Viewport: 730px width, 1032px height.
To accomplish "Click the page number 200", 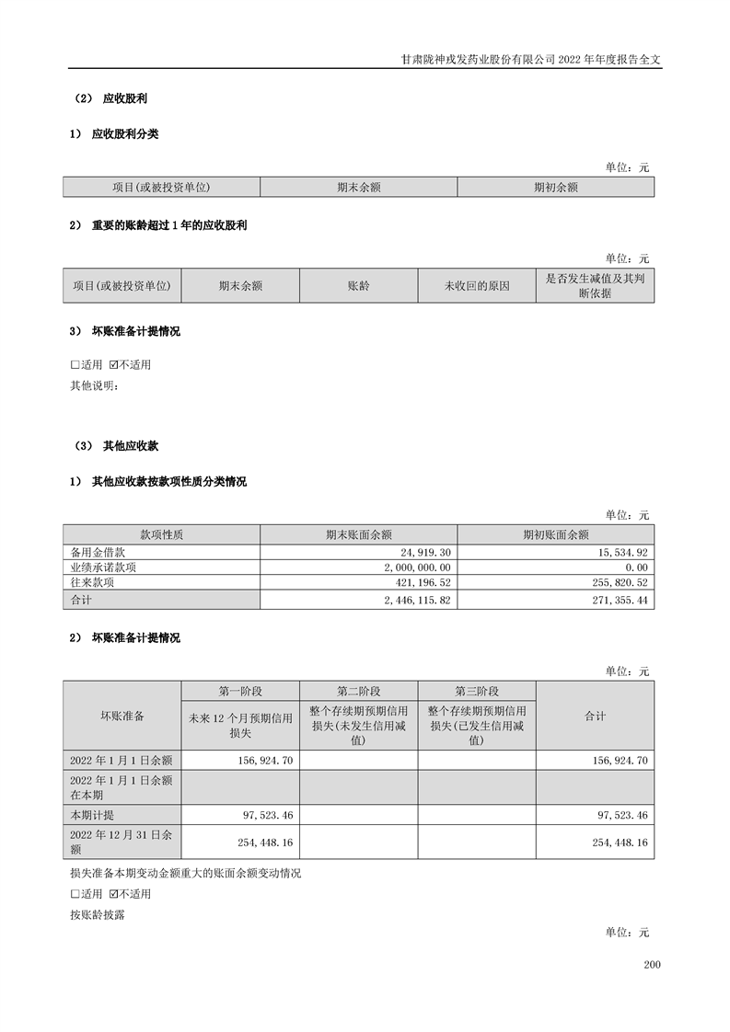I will coord(653,965).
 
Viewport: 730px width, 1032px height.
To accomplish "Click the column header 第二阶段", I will coord(358,692).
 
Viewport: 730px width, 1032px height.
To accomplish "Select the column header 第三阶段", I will coord(476,692).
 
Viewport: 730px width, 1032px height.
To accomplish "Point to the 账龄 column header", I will coord(358,286).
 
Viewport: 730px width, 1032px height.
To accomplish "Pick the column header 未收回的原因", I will coord(476,286).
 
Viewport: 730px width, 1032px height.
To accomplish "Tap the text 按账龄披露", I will coord(97,915).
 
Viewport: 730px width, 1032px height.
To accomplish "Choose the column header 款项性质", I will coord(161,534).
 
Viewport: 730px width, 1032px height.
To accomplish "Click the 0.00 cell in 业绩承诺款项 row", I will coord(637,568).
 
